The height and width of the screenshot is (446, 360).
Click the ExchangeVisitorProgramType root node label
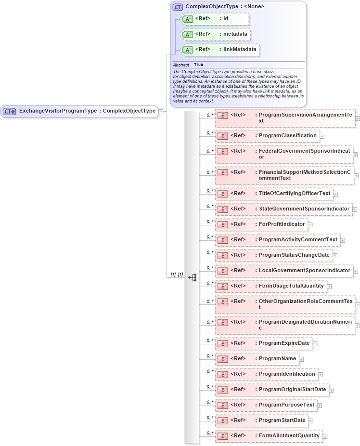87,111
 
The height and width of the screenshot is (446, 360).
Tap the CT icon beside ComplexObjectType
178,7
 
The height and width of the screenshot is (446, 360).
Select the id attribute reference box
214,19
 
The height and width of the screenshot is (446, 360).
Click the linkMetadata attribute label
239,50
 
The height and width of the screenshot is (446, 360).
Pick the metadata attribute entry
215,34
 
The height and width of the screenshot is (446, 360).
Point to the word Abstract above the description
181,65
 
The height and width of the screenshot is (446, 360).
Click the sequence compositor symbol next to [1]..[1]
192,277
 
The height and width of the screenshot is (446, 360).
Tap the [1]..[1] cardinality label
177,275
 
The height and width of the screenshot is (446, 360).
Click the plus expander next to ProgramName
301,359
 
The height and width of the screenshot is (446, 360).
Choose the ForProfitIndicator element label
282,224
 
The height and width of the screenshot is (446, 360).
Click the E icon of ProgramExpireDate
222,343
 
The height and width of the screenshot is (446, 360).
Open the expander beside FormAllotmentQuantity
325,436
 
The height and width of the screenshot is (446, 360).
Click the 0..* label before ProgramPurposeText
210,402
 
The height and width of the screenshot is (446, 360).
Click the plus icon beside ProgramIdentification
321,374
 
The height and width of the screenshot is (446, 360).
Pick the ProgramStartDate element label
282,420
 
